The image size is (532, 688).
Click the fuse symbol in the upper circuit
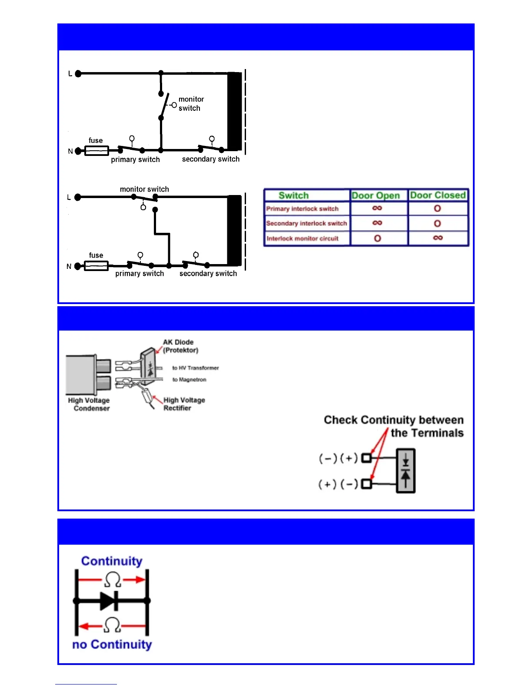[96, 151]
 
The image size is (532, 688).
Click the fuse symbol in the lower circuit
[96, 266]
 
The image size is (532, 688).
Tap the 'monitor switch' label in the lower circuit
[144, 189]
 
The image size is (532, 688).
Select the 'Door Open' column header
[376, 195]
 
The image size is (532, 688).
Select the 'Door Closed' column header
[438, 195]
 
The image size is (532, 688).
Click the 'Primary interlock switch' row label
[303, 209]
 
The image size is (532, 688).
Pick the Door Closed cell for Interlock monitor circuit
[438, 238]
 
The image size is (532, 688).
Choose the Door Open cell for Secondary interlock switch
[377, 223]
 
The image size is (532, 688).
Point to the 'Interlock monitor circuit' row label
[303, 238]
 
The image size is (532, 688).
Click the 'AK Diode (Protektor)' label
[180, 346]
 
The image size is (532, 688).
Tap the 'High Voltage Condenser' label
[90, 404]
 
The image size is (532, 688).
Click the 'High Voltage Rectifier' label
[184, 404]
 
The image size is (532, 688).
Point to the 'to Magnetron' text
[189, 380]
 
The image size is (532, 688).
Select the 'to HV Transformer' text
[195, 368]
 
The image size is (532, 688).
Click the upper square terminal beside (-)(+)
[366, 458]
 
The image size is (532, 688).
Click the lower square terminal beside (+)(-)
[366, 483]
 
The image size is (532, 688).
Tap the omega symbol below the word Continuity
[113, 580]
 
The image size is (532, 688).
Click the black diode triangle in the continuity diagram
[108, 601]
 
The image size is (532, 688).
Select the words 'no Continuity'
[112, 645]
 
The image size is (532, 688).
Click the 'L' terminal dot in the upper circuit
[78, 74]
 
